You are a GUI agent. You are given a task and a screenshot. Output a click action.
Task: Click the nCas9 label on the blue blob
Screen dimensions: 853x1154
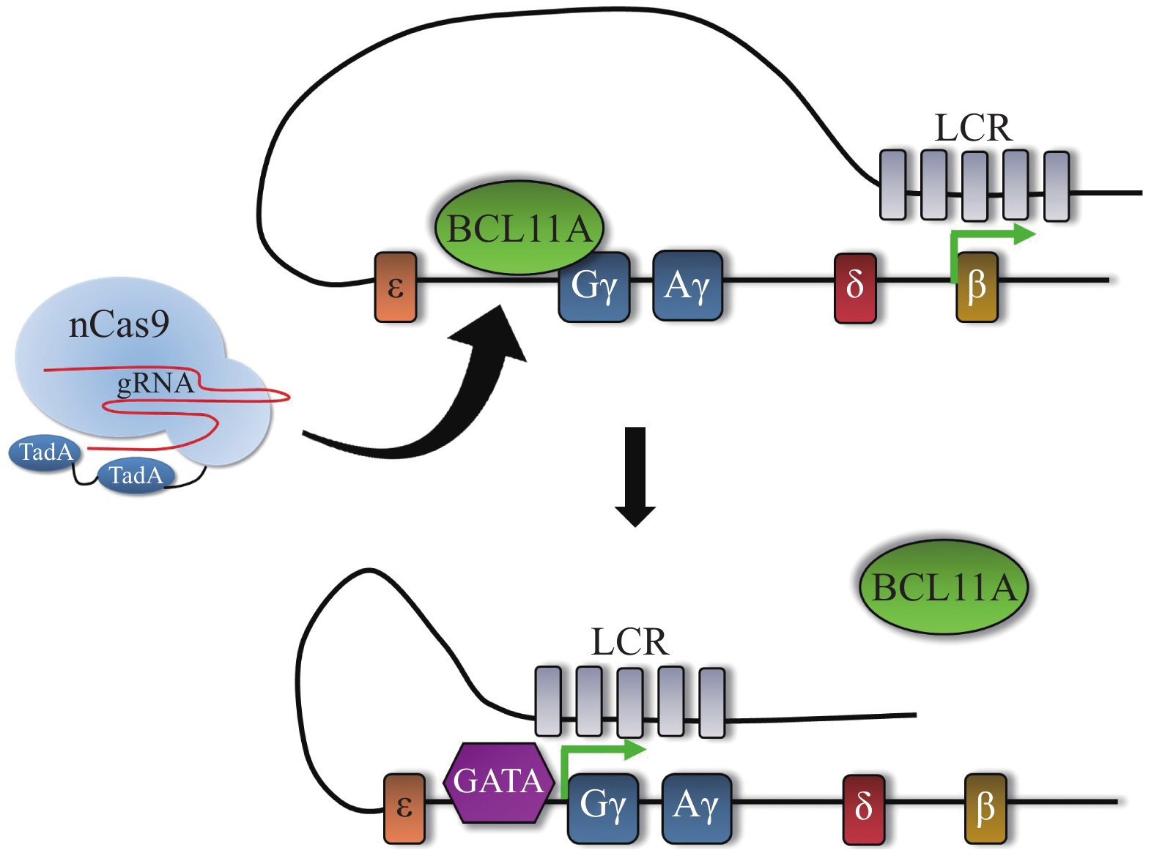[119, 324]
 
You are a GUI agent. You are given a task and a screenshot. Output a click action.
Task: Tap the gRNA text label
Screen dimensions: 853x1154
[155, 383]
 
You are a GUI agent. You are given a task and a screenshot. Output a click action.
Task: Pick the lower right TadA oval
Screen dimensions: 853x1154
[136, 476]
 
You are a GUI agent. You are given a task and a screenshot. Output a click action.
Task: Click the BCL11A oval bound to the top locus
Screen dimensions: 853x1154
[519, 228]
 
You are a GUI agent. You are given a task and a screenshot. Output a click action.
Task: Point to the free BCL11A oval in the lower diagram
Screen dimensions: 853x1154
[944, 587]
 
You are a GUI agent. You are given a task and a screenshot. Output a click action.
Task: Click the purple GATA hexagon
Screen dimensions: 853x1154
[498, 781]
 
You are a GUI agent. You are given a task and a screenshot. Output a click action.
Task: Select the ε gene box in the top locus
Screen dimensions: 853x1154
[396, 287]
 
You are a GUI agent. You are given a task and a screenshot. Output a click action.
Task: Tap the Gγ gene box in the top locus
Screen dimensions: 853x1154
[594, 286]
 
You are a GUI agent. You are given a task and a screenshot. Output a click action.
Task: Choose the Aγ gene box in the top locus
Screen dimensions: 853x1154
[687, 286]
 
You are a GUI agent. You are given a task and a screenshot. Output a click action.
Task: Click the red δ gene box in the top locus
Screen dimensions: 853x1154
[855, 288]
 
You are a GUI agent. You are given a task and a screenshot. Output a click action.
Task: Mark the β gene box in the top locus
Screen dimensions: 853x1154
[977, 287]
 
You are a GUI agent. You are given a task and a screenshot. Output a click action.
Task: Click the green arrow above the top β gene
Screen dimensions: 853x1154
[989, 238]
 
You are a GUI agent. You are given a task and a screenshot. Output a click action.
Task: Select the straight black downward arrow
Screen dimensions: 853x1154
[635, 476]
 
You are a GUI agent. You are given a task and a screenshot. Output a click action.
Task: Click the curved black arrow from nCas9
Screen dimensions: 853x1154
[440, 410]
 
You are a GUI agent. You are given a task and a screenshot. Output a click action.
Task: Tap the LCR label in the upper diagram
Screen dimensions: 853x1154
[973, 128]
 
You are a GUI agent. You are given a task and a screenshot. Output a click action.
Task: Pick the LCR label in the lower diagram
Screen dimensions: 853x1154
[629, 642]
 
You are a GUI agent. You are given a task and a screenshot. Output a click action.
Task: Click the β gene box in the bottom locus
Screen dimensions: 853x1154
[985, 808]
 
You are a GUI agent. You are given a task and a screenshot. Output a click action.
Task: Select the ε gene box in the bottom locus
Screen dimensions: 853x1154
[404, 808]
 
